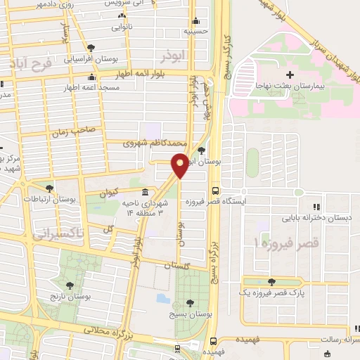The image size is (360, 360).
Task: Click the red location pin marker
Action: coord(180,166)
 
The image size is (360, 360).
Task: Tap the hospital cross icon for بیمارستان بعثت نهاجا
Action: coord(290,75)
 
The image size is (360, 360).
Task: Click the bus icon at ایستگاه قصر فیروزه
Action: coord(215,190)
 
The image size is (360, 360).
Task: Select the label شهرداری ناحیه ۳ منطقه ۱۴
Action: coord(145,207)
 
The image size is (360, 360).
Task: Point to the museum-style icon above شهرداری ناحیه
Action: coord(145,192)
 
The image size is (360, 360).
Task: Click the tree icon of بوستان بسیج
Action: coord(190,303)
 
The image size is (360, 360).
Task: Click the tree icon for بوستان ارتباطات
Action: coord(49,188)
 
